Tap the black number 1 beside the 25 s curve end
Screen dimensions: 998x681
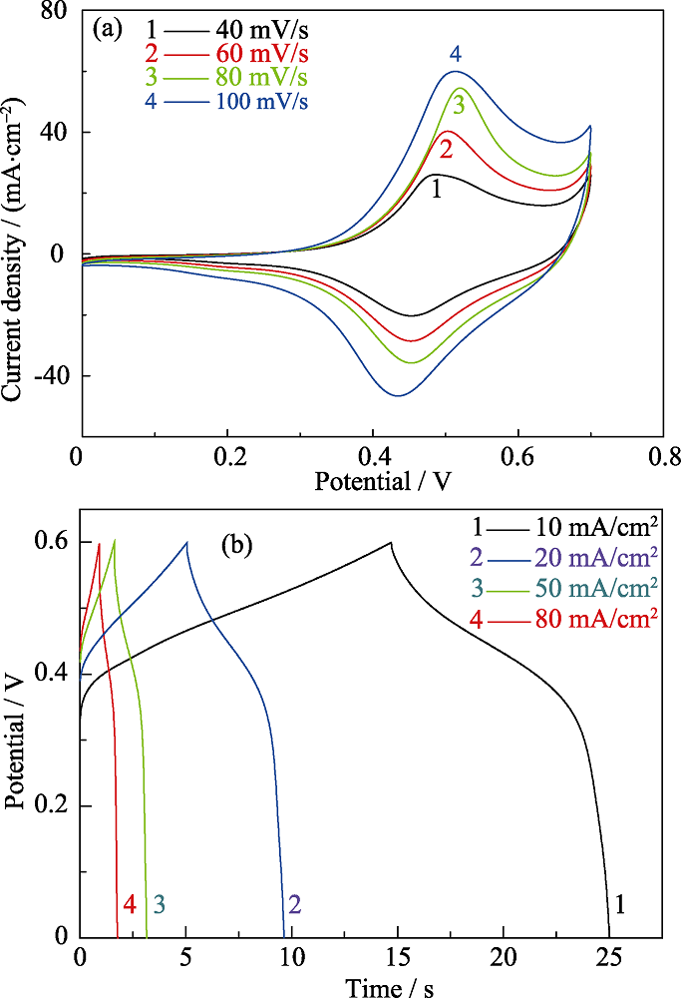click(x=621, y=905)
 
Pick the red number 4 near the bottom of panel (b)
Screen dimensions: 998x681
click(x=130, y=905)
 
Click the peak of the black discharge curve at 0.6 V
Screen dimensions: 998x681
click(x=391, y=542)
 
